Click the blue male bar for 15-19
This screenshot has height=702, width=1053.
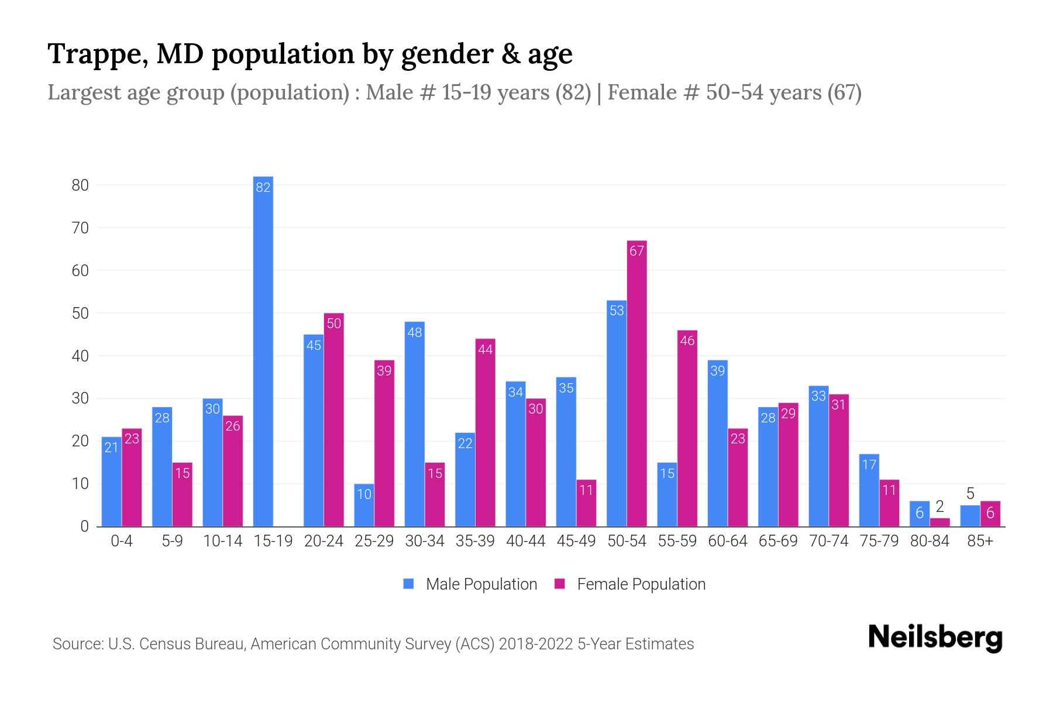tap(263, 351)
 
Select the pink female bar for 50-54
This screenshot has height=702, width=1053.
tap(636, 383)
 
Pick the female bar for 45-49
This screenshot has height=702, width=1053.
tap(586, 503)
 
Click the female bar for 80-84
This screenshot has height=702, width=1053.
tap(940, 522)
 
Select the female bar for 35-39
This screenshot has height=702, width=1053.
tap(485, 432)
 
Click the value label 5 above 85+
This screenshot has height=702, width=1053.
tap(970, 494)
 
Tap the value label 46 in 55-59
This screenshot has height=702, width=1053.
tap(687, 340)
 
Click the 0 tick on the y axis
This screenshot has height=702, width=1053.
tap(84, 526)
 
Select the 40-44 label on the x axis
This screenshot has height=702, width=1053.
tap(525, 541)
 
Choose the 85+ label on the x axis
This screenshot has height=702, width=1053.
tap(980, 541)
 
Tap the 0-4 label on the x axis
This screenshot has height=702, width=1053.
tap(122, 541)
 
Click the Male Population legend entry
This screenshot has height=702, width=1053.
tap(470, 584)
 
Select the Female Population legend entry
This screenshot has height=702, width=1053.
tap(630, 584)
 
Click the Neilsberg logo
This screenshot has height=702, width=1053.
tap(935, 638)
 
